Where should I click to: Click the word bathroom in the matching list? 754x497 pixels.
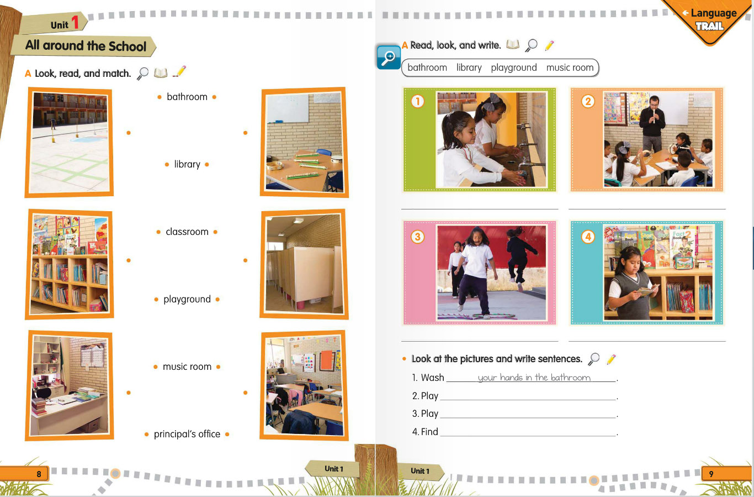tap(187, 97)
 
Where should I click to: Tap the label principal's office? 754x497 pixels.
tap(187, 434)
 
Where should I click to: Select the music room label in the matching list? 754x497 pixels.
tap(187, 367)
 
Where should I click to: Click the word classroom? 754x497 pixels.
tap(187, 232)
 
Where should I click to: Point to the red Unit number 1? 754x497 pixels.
tap(75, 22)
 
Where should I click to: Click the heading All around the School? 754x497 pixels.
tap(86, 45)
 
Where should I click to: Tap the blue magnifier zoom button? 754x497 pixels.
tap(389, 57)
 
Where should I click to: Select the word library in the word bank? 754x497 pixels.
tap(469, 68)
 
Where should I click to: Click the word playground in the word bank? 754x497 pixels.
tap(514, 68)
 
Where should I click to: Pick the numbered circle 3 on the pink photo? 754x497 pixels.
tap(417, 237)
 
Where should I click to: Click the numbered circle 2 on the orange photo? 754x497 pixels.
tap(588, 101)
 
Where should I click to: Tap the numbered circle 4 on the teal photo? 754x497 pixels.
tap(588, 237)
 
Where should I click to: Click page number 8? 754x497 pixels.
tap(39, 474)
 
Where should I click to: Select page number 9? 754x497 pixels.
tap(711, 474)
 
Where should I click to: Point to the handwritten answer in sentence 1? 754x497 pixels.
tap(534, 378)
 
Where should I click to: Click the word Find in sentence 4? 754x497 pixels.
tap(429, 432)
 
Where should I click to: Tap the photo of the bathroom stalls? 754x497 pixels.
tap(304, 264)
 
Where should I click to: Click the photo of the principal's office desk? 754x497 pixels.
tap(70, 386)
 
